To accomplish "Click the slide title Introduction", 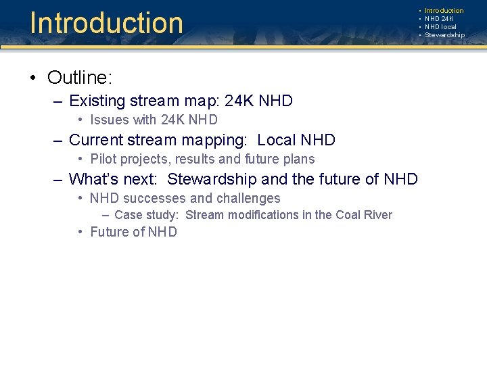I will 106,22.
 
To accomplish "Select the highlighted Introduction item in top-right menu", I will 444,11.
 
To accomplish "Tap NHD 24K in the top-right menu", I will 440,19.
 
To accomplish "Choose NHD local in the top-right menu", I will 440,27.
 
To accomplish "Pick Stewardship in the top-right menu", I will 444,35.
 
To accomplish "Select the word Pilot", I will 103,160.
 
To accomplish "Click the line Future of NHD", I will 133,232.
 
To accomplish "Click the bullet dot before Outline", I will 33,78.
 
